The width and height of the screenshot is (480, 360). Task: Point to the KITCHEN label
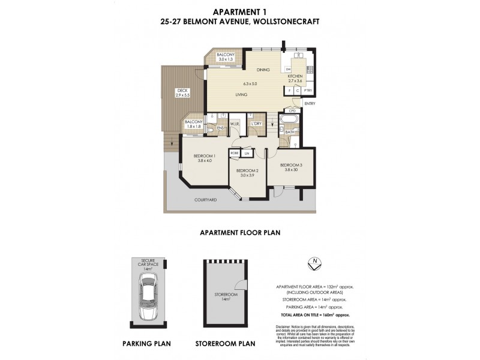click(x=295, y=77)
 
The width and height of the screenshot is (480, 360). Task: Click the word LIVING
click(x=242, y=94)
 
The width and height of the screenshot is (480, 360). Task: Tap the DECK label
click(x=182, y=90)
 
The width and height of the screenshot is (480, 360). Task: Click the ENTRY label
click(x=310, y=103)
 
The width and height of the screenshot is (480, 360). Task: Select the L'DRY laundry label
click(x=256, y=124)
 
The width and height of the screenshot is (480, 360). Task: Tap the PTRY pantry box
click(x=308, y=91)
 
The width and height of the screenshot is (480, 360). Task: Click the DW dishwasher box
click(x=289, y=69)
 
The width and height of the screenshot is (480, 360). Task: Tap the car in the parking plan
click(x=148, y=296)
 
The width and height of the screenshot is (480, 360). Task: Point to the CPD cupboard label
click(x=293, y=110)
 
